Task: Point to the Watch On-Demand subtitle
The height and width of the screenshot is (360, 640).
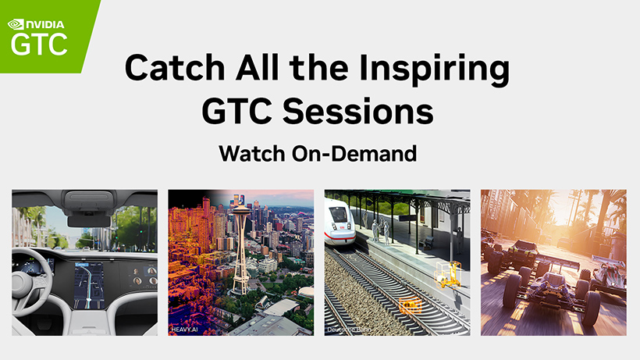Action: tap(318, 153)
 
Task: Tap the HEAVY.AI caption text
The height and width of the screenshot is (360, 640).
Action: tap(185, 330)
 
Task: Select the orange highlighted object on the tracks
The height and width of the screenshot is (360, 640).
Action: tap(409, 305)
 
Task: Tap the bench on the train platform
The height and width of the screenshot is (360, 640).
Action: tap(427, 243)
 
